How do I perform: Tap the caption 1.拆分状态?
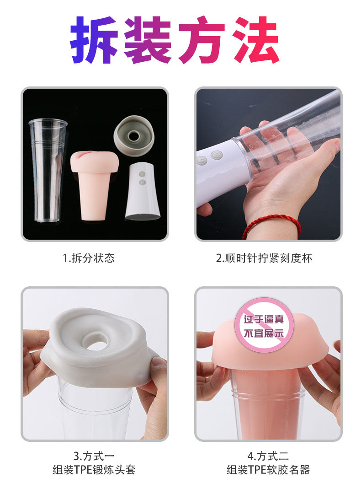point(89,258)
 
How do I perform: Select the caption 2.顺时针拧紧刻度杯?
point(264,258)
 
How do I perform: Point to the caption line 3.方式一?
point(94,456)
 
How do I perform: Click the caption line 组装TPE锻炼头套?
point(94,470)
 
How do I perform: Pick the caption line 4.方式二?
point(268,456)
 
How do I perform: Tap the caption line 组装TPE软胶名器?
point(268,470)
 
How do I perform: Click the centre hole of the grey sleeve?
point(96,344)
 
